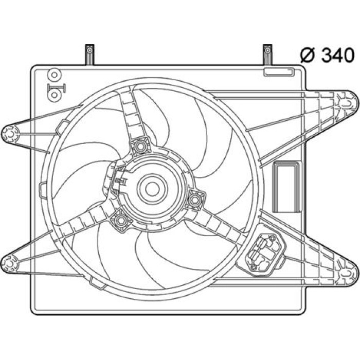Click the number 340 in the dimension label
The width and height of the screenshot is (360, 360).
(x=338, y=56)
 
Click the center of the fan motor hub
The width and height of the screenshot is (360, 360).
(x=152, y=189)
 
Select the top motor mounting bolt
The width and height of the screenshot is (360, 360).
(x=139, y=146)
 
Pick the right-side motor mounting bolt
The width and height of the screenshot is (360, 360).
(x=194, y=200)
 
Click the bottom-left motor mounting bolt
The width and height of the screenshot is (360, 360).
(x=120, y=221)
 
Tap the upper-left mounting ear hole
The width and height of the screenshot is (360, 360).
(x=10, y=134)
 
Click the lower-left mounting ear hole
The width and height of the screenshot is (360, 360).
(x=10, y=264)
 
